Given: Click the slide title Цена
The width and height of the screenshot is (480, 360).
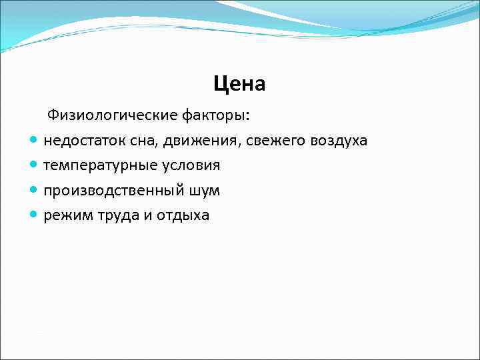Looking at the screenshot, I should click(x=239, y=84).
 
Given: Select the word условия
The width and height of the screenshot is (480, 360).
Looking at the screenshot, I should click(x=187, y=165).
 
